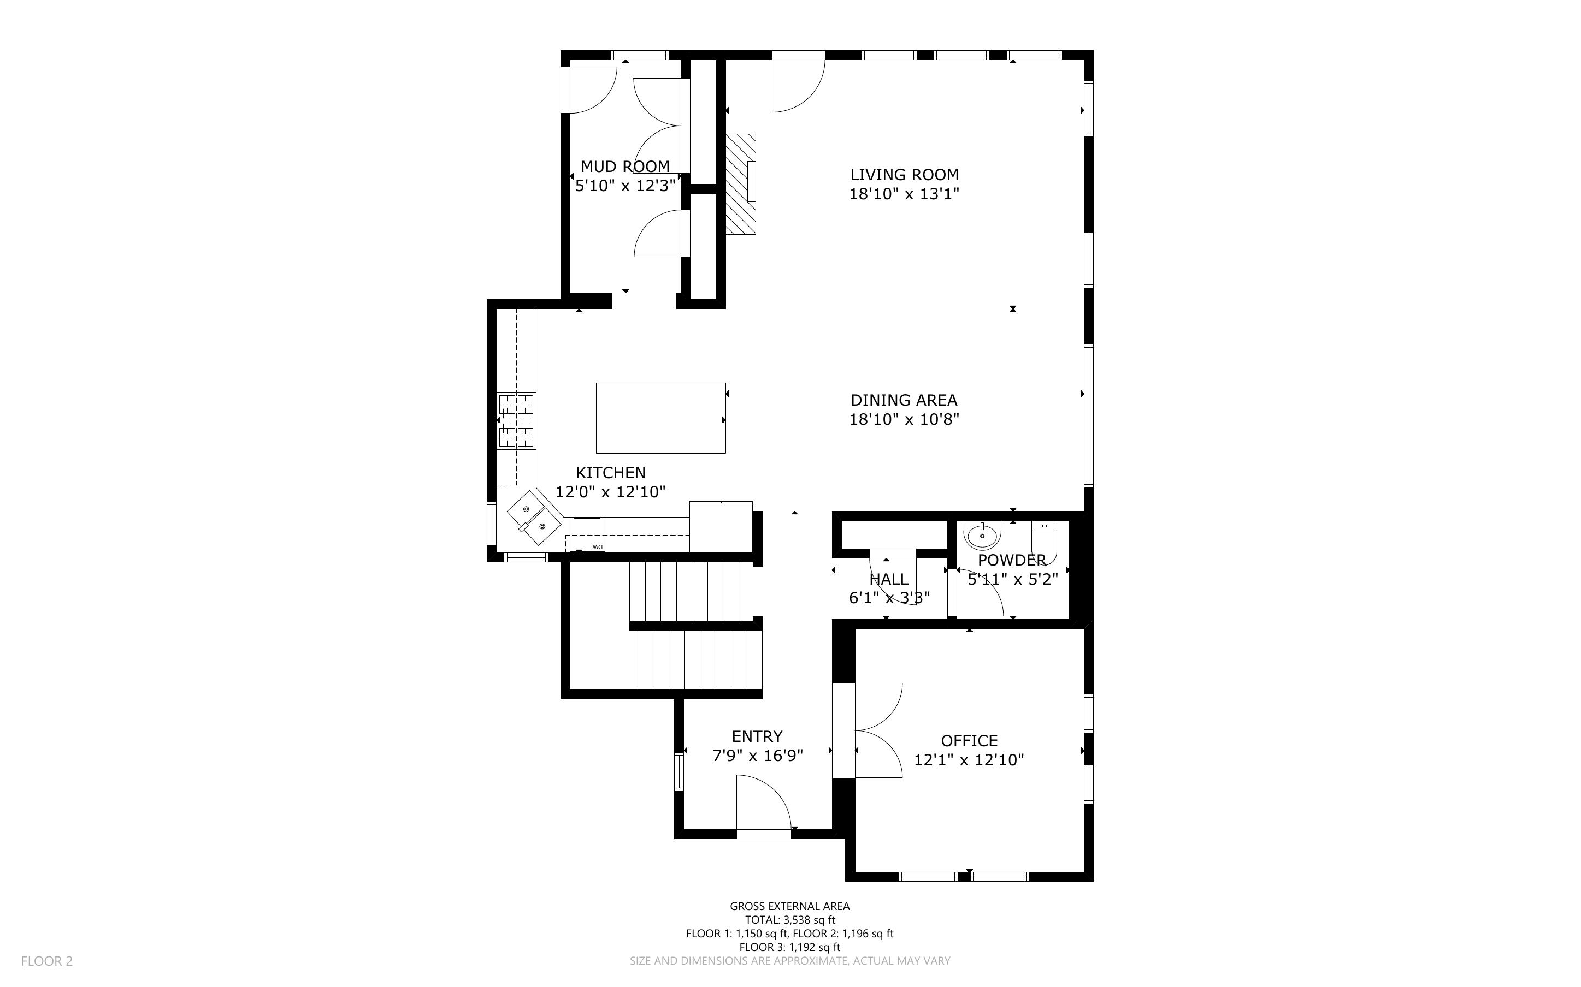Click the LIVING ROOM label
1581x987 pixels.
pos(904,174)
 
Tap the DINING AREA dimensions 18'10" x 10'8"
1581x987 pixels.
pos(904,419)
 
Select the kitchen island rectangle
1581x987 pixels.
pos(660,418)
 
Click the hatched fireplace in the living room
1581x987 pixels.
pos(741,184)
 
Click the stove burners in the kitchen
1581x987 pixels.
pos(516,420)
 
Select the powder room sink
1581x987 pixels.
pos(982,536)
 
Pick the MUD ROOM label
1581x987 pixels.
pos(625,167)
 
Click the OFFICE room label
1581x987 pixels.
pos(969,740)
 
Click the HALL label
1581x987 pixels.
pos(889,579)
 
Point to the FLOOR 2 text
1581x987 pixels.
pos(47,961)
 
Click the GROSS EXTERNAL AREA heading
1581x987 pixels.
pos(789,906)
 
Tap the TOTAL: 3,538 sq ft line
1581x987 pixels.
pos(789,920)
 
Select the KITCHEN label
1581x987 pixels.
pos(611,473)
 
